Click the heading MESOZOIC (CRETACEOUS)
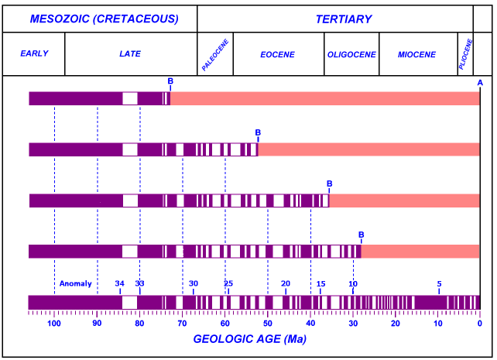[x=104, y=19]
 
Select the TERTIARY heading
[x=343, y=19]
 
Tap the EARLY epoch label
[x=34, y=54]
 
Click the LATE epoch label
[x=130, y=54]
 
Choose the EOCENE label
[x=276, y=54]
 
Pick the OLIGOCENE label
[x=351, y=54]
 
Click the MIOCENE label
[x=416, y=54]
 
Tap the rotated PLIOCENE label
[x=465, y=54]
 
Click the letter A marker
[x=480, y=83]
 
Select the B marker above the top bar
[x=170, y=81]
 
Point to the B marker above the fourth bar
[x=361, y=235]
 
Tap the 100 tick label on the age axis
[x=54, y=324]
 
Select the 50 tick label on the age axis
[x=267, y=324]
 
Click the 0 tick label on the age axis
[x=479, y=324]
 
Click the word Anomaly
[x=75, y=283]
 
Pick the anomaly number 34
[x=119, y=283]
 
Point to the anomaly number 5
[x=439, y=283]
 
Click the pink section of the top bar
[x=325, y=98]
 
